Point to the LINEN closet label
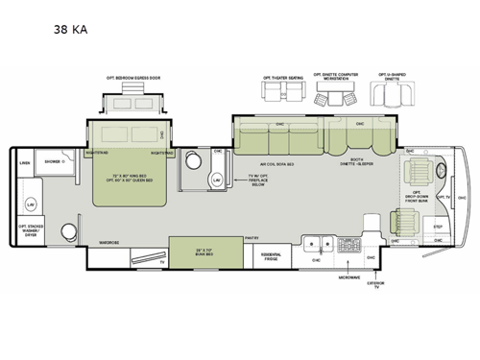click(24, 161)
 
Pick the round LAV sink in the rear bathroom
click(31, 205)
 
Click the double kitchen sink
click(318, 241)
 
